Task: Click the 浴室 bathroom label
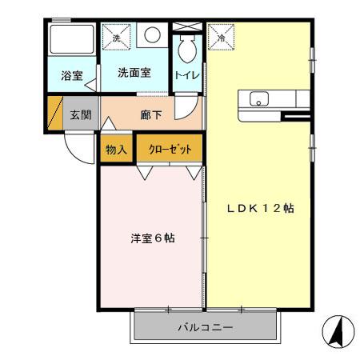pos(72,76)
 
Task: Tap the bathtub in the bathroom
pos(72,41)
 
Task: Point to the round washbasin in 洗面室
pos(153,36)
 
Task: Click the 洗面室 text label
pos(134,72)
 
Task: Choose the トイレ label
pos(187,76)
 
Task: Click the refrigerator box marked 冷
pos(221,36)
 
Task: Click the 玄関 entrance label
pos(79,114)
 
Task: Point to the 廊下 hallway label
pos(151,114)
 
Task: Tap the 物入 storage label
pos(117,149)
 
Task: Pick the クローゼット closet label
pos(169,149)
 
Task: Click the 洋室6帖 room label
pos(153,238)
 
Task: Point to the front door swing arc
pos(78,148)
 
